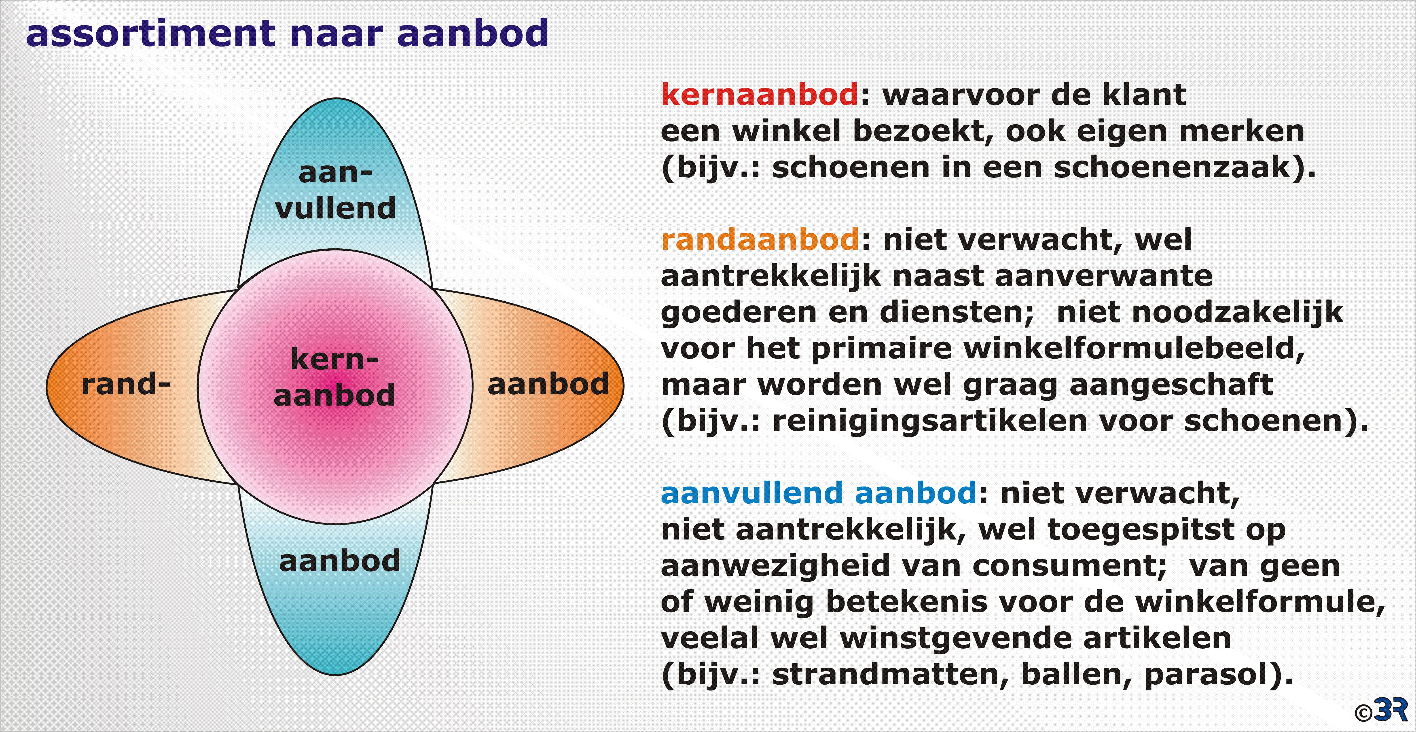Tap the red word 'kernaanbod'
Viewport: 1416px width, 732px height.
(760, 95)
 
